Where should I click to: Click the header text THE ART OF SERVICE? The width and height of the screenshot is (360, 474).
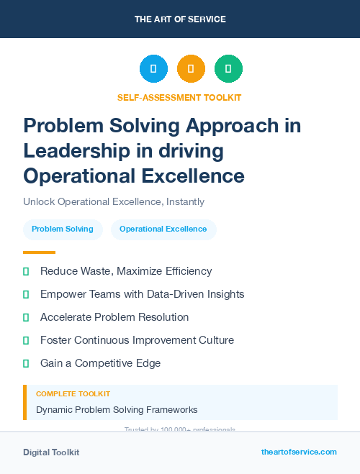click(180, 19)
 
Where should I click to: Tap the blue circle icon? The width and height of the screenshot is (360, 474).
click(153, 69)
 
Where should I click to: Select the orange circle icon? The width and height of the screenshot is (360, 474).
click(191, 69)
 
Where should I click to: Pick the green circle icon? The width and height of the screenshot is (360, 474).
click(228, 69)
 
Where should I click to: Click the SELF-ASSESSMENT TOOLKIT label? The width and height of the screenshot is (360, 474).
click(180, 97)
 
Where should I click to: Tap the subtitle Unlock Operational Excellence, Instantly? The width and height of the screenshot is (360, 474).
click(114, 201)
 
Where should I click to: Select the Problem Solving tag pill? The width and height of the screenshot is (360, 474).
click(63, 229)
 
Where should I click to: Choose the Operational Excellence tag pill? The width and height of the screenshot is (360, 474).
click(163, 229)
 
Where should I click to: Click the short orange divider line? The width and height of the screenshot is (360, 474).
click(39, 252)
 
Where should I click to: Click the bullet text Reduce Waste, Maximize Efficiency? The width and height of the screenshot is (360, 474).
click(126, 271)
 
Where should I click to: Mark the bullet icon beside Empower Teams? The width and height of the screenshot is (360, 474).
click(26, 294)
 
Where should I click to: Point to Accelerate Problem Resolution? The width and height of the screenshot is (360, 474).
click(114, 317)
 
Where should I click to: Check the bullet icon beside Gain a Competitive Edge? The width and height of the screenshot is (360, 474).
click(26, 363)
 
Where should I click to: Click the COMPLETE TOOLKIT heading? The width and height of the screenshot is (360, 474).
click(73, 394)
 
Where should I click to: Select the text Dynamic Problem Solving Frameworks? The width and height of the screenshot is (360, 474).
click(117, 410)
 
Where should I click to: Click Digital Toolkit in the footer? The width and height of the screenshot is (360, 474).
click(51, 452)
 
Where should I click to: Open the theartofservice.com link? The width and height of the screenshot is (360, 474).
click(299, 452)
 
